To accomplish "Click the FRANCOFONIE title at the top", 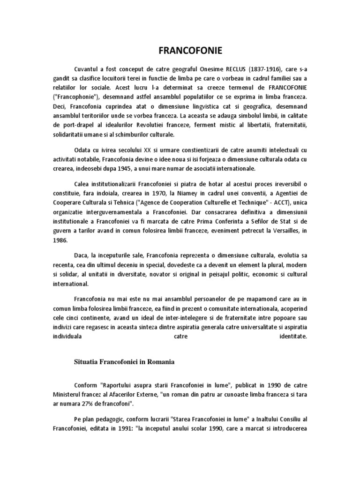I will click(x=180, y=50).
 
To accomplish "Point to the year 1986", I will click(x=60, y=240).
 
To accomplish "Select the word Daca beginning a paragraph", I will click(x=82, y=256).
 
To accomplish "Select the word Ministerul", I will click(x=69, y=394).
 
